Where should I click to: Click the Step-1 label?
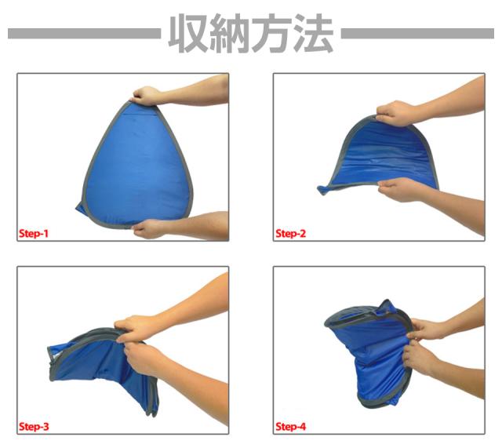click(x=34, y=233)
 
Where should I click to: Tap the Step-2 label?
click(x=291, y=233)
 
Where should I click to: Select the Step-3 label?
click(x=34, y=426)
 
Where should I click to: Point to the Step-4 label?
click(x=291, y=426)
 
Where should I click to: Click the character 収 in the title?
click(x=189, y=33)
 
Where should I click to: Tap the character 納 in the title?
click(x=230, y=33)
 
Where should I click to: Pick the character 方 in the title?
click(x=271, y=33)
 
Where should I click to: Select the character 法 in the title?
click(x=313, y=33)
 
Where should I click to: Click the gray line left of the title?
click(x=84, y=33)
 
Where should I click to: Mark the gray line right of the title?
click(x=417, y=33)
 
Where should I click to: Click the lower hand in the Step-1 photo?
click(x=148, y=228)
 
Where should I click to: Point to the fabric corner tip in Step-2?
click(x=322, y=190)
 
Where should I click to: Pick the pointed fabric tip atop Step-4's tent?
click(x=387, y=303)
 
